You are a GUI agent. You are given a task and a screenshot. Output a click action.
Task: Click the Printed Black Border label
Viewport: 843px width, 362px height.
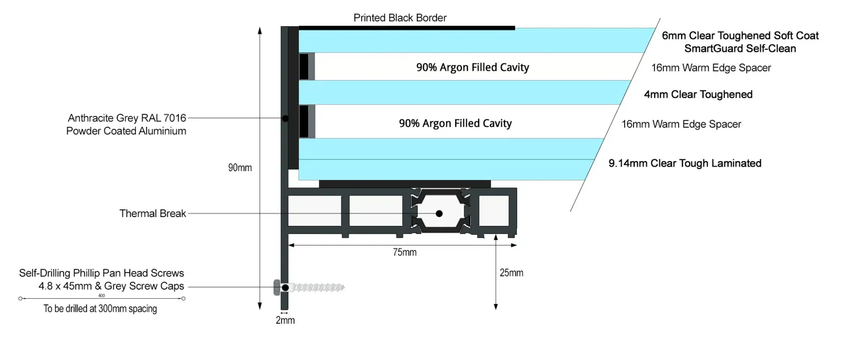400,18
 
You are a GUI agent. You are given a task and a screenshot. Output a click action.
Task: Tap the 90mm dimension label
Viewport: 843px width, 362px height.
240,168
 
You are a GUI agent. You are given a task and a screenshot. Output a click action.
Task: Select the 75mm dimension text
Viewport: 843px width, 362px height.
405,252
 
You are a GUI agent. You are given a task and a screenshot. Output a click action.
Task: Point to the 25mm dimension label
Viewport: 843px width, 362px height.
511,273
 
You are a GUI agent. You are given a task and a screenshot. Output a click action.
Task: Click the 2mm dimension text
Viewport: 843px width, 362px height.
285,321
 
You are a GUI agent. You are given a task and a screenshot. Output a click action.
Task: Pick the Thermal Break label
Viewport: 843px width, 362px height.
152,214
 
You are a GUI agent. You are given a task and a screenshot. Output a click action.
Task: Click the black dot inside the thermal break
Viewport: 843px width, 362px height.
439,214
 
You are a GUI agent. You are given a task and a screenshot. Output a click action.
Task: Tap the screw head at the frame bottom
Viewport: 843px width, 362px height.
277,287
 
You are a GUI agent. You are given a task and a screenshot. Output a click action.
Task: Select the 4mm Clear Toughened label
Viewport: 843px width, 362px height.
698,94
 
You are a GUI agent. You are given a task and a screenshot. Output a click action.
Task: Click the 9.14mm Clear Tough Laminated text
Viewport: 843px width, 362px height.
685,164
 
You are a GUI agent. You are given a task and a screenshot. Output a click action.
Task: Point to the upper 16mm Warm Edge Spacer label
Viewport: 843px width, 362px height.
711,68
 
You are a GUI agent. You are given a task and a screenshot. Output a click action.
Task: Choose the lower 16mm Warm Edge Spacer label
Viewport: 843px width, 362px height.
681,124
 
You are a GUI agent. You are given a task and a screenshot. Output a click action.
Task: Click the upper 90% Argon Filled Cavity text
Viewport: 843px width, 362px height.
473,67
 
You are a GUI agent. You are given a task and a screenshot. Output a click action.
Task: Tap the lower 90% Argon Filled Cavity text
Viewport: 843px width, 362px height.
455,123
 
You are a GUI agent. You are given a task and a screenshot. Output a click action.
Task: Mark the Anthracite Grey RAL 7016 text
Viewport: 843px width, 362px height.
127,118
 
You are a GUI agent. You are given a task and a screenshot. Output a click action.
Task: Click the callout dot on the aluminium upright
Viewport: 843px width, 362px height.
285,118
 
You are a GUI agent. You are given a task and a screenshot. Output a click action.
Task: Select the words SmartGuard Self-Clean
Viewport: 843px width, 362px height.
740,49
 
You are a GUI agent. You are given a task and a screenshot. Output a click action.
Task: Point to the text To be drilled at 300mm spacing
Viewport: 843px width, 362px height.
100,309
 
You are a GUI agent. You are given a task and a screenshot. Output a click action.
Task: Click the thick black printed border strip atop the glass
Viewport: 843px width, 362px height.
407,28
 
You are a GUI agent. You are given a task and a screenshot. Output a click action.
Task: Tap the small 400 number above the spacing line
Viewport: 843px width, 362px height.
102,296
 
